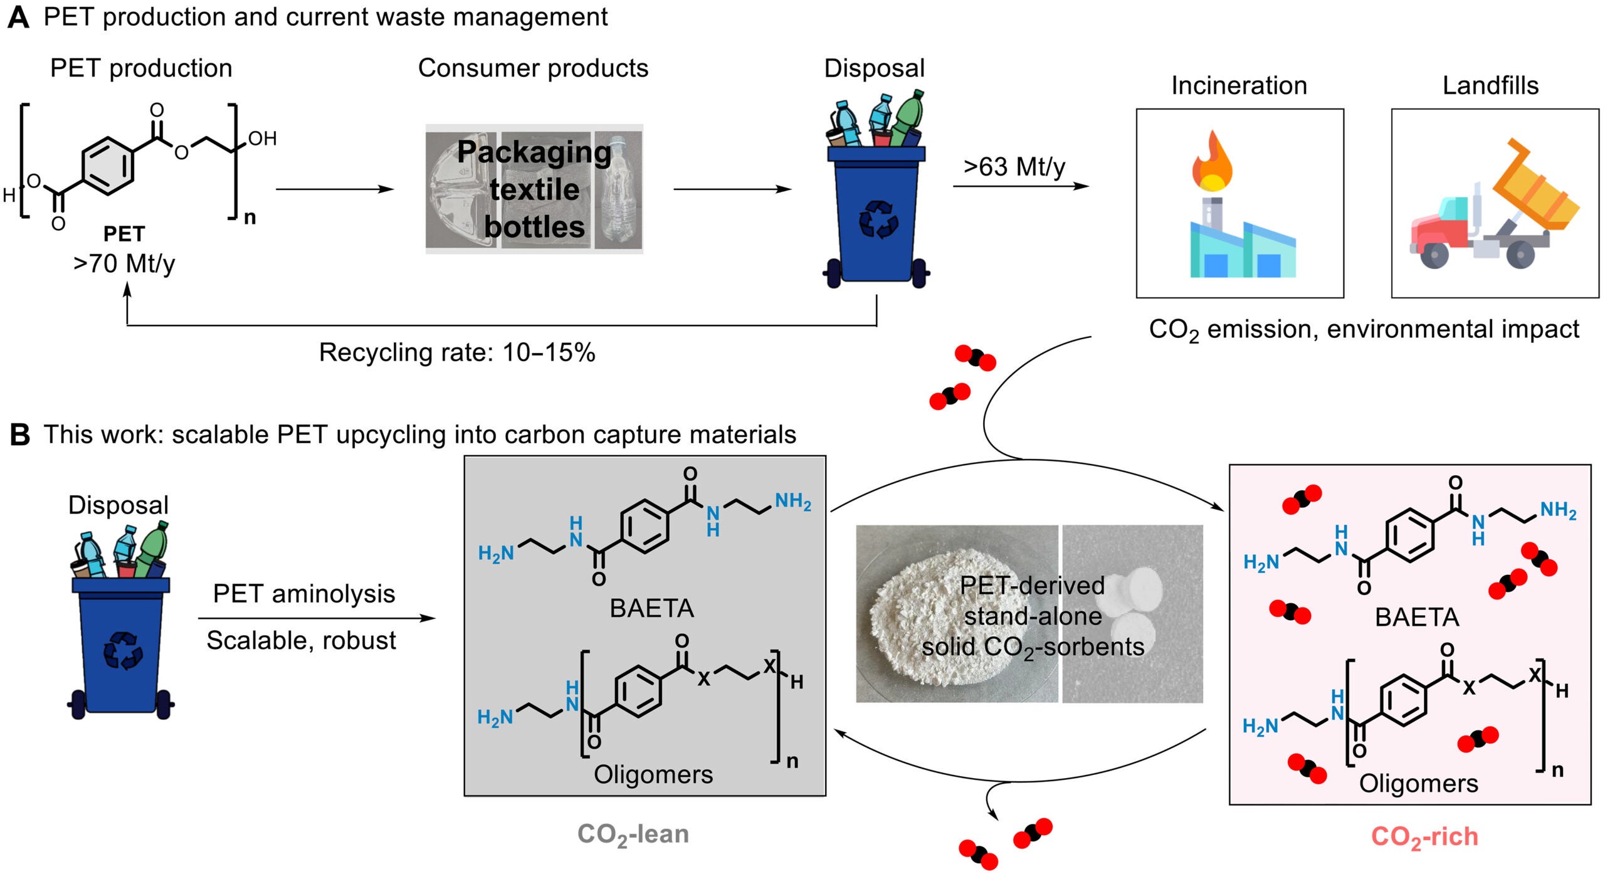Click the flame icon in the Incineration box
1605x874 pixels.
1212,161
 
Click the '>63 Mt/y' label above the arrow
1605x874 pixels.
1014,167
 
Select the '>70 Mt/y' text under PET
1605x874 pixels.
124,263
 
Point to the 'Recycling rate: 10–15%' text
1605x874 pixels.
457,352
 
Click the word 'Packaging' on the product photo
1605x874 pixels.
534,152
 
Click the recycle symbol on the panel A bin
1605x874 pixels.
878,219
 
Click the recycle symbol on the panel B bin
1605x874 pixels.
122,650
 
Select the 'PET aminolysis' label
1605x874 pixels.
304,593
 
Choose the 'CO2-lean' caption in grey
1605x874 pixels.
633,835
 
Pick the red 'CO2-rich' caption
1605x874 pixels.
1424,837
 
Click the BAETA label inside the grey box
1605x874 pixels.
651,608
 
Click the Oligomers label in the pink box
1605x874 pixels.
1418,784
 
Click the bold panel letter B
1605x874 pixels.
20,434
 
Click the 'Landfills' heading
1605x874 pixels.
1490,86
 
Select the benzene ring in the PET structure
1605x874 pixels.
107,165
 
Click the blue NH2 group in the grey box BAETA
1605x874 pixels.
792,502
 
